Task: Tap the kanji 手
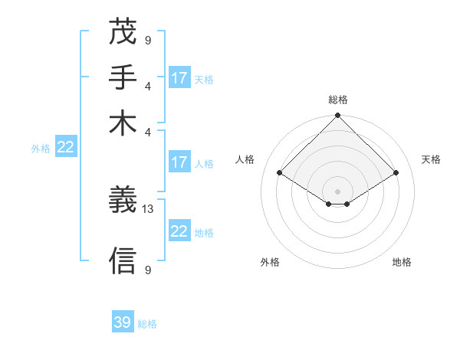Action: pyautogui.click(x=123, y=77)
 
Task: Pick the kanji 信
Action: pyautogui.click(x=123, y=261)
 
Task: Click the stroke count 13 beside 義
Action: pyautogui.click(x=148, y=209)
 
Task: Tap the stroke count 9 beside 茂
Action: pyautogui.click(x=148, y=39)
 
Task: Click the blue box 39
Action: pyautogui.click(x=123, y=322)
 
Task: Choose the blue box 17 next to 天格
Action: pyautogui.click(x=179, y=78)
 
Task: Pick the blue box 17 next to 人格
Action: pyautogui.click(x=179, y=162)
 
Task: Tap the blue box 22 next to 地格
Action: pyautogui.click(x=179, y=231)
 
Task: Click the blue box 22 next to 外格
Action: pyautogui.click(x=65, y=148)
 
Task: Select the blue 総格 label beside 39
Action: pyautogui.click(x=147, y=324)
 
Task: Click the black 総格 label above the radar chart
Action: pyautogui.click(x=338, y=99)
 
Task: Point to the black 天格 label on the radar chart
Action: pyautogui.click(x=431, y=159)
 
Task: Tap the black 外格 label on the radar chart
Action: pyautogui.click(x=270, y=262)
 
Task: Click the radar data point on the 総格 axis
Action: pyautogui.click(x=337, y=116)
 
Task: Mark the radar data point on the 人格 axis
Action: pyautogui.click(x=279, y=173)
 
